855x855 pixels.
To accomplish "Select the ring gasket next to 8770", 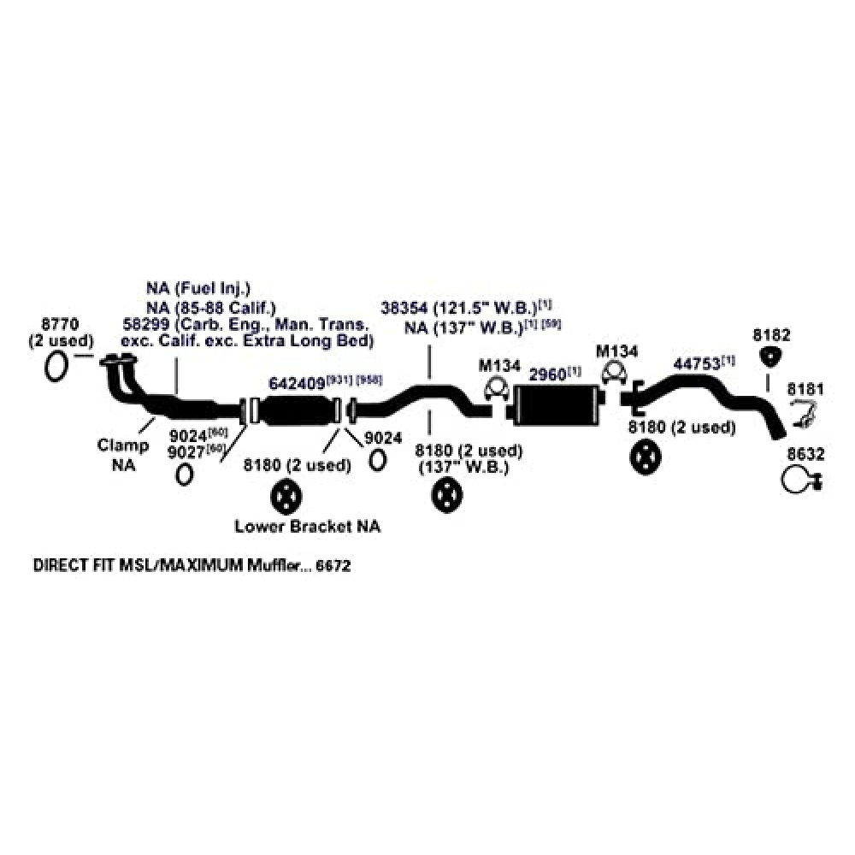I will [56, 365].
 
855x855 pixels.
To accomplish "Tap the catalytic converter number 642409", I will [296, 382].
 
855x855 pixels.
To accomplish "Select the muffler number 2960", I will [548, 374].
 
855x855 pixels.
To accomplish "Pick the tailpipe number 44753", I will [696, 364].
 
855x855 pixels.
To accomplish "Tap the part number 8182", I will [771, 334].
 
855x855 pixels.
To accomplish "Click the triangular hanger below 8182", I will [771, 357].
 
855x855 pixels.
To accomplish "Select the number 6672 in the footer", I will [334, 566].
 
